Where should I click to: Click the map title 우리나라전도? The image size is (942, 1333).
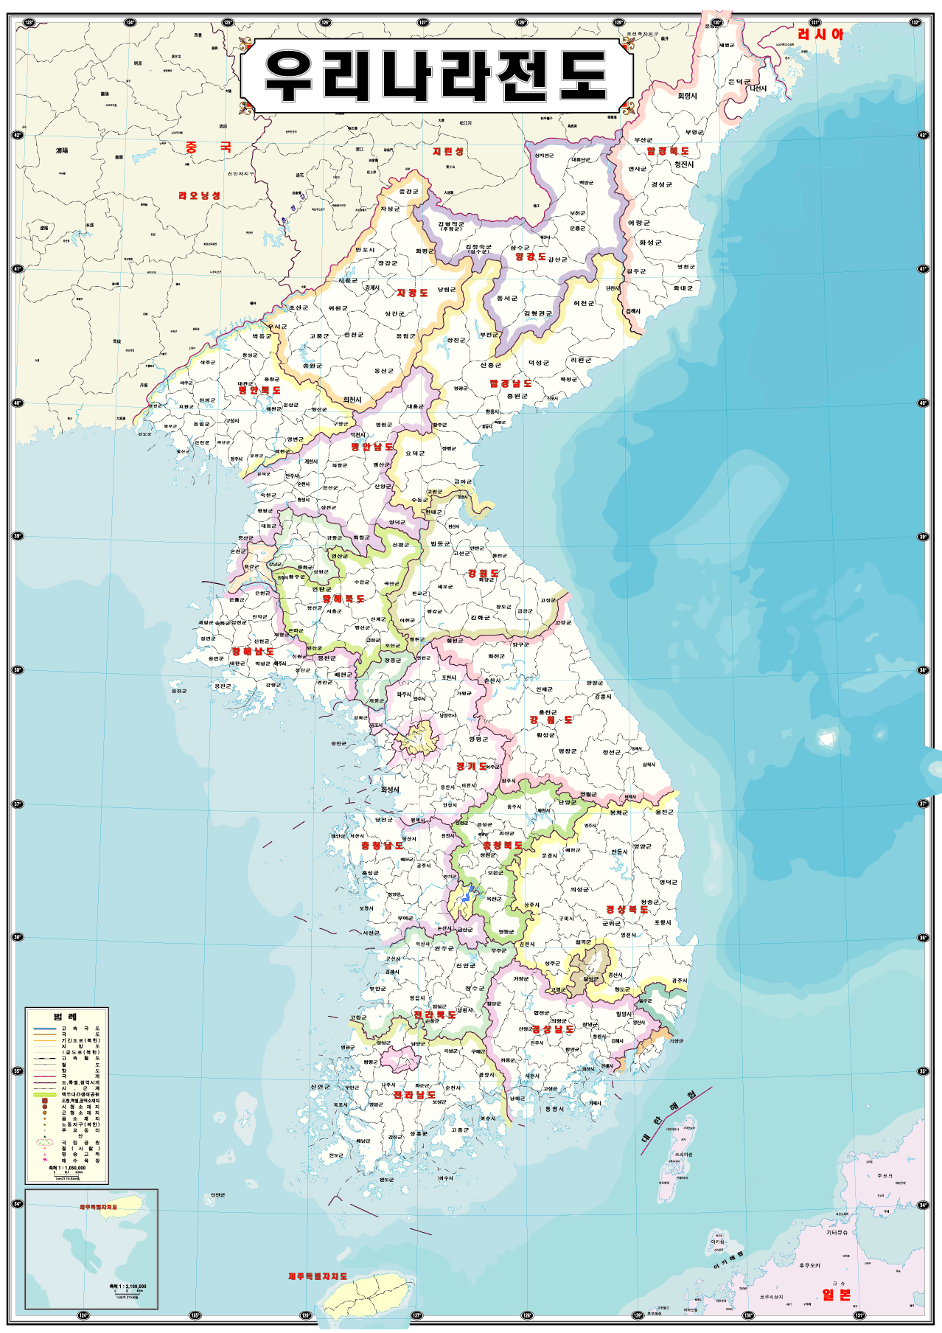436,77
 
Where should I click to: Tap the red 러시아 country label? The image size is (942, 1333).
820,34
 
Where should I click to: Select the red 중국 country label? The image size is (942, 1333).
209,147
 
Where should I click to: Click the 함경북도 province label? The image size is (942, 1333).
668,151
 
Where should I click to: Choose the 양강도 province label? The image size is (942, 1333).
531,257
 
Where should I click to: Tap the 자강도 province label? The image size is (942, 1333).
412,293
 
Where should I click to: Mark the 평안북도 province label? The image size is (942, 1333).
259,390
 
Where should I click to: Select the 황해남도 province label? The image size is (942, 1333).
253,652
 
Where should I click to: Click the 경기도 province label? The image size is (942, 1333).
472,767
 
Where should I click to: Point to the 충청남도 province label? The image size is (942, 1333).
382,846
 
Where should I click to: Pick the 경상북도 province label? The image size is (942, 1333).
627,909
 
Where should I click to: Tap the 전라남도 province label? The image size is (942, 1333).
414,1095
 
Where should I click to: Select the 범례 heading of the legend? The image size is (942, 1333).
66,1017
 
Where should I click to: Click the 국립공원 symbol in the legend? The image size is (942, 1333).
44,1142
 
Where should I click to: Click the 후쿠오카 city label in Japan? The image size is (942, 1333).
809,1265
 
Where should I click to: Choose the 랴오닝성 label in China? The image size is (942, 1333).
199,195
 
